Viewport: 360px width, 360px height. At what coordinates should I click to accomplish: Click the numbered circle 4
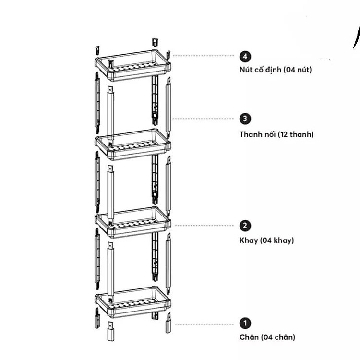coord(245,57)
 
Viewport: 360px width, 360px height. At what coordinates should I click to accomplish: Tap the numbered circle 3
coord(245,119)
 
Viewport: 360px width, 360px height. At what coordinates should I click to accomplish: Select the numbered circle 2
coord(245,226)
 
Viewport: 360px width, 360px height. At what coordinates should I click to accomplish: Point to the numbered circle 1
coord(245,323)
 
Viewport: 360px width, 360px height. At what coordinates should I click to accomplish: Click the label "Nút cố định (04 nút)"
coord(276,70)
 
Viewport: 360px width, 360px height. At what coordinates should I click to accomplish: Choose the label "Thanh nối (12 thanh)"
coord(276,134)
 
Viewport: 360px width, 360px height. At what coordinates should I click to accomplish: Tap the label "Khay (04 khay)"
coord(266,240)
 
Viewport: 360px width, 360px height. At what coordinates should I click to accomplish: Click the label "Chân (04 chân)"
coord(267,337)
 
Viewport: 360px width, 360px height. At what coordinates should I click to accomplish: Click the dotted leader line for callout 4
coord(203,56)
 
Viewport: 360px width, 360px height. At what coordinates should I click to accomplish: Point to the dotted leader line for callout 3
coord(203,119)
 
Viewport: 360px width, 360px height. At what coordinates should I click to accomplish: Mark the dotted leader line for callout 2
coord(204,226)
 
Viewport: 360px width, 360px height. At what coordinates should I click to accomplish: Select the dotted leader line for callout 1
coord(204,324)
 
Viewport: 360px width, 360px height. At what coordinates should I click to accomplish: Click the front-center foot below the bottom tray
coord(111,331)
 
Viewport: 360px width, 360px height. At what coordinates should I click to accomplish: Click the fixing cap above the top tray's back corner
coord(155,42)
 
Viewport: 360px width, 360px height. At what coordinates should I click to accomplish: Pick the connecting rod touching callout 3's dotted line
coord(168,108)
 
